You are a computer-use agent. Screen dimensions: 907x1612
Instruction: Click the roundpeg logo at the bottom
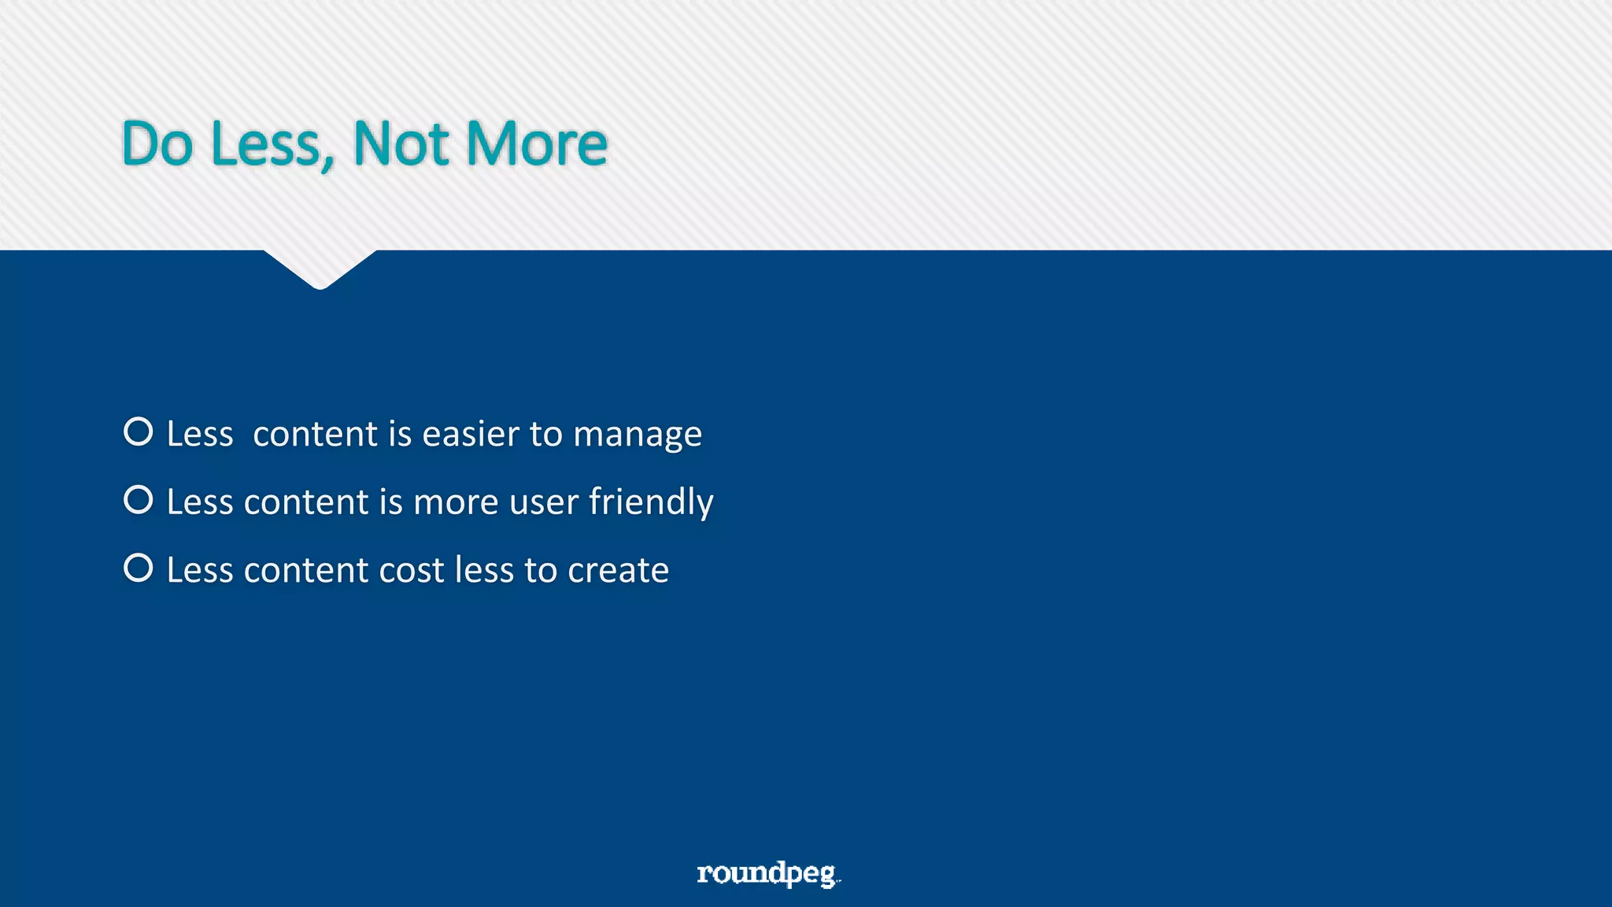767,873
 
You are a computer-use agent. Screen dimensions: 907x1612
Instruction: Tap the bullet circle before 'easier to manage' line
139,431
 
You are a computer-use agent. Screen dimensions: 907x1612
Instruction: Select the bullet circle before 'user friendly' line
139,500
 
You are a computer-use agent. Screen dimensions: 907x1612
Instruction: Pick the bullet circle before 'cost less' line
139,568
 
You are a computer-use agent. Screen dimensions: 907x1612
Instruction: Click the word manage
637,435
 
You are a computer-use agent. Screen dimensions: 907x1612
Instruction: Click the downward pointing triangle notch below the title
320,268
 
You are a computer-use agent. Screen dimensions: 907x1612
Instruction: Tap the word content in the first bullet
315,434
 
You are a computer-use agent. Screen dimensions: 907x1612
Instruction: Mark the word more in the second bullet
456,503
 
